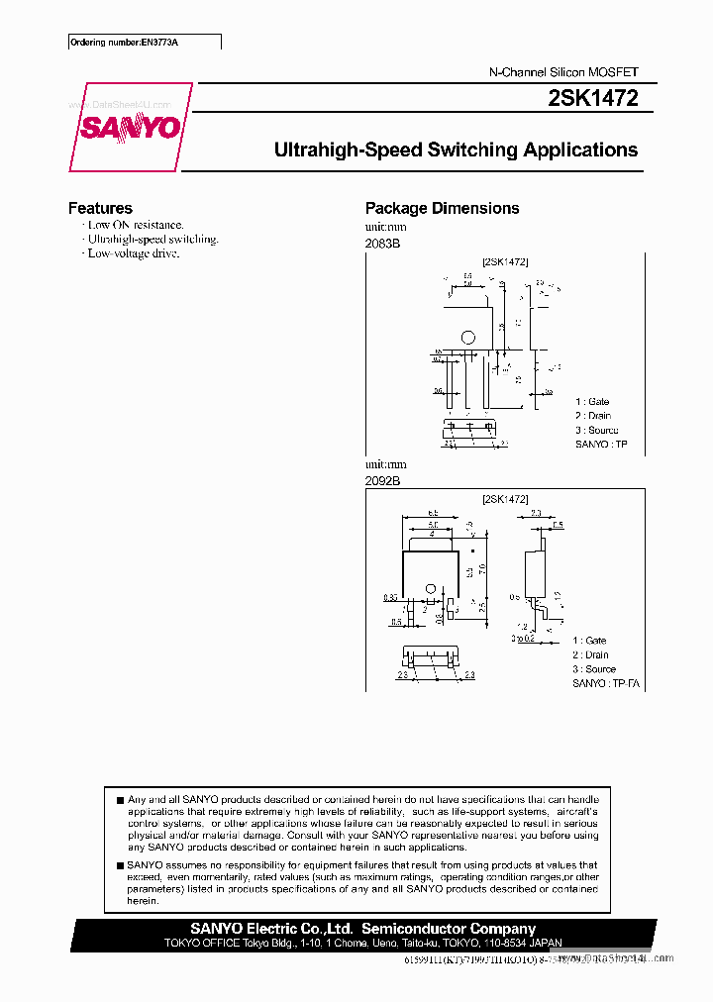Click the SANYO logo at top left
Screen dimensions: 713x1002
point(130,128)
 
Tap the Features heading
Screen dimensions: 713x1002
point(100,208)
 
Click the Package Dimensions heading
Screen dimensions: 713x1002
point(442,208)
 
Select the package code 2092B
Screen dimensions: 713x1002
point(382,480)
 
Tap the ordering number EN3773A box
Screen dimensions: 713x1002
point(145,42)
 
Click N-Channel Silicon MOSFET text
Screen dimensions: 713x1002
point(564,72)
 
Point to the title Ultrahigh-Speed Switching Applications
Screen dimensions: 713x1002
point(456,150)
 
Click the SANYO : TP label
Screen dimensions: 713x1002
point(601,445)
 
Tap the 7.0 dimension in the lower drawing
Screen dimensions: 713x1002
point(482,569)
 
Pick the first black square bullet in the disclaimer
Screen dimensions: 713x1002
point(120,799)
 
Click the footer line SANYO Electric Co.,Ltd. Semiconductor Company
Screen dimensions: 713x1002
point(362,929)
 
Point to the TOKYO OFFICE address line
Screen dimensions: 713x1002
point(362,944)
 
